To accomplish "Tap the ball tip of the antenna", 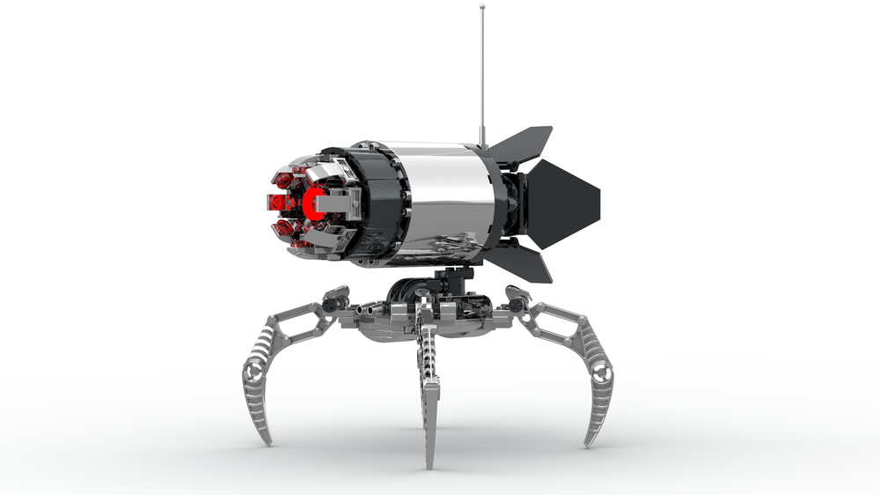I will (482, 7).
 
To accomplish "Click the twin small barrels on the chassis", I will (370, 309).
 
